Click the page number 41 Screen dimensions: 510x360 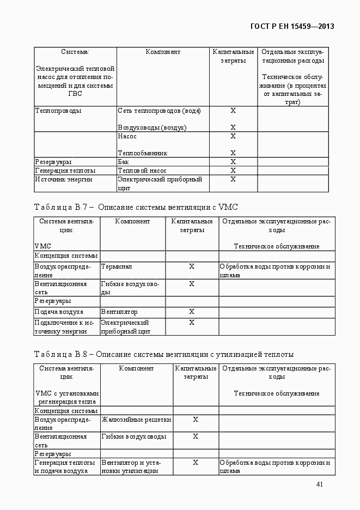(320, 484)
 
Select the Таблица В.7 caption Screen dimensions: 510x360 (136, 207)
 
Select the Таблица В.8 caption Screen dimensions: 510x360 (163, 354)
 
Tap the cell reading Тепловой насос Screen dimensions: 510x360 (142, 171)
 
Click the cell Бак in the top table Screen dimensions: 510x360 (124, 162)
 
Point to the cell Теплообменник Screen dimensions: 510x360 (142, 153)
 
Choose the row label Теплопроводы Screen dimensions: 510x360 (58, 111)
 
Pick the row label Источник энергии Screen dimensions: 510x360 (64, 179)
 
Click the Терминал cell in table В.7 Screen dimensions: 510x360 (117, 266)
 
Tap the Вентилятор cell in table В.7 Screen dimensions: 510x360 (119, 312)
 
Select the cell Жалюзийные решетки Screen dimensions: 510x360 (136, 420)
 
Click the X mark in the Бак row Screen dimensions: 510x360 (233, 162)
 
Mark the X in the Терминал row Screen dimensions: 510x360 (192, 266)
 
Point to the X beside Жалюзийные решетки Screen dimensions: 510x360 (196, 420)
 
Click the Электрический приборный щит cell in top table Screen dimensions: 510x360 (160, 183)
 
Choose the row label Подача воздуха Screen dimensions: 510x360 (59, 312)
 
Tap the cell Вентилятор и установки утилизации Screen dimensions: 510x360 (130, 466)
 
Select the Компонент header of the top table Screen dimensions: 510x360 (163, 52)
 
